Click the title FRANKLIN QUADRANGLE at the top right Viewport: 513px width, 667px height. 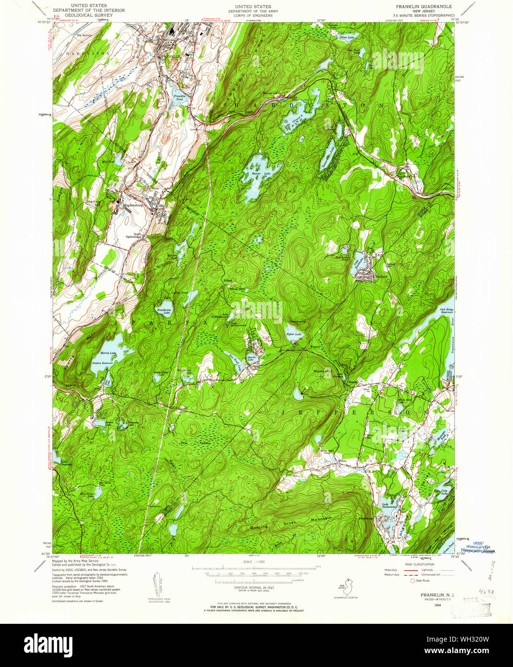(x=423, y=7)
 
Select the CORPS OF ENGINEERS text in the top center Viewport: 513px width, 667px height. (x=249, y=15)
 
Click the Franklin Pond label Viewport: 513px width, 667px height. (x=180, y=98)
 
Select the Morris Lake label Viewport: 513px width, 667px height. (x=110, y=354)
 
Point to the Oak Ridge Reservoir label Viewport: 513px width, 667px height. (x=446, y=311)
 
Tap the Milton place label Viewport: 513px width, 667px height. (x=342, y=460)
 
